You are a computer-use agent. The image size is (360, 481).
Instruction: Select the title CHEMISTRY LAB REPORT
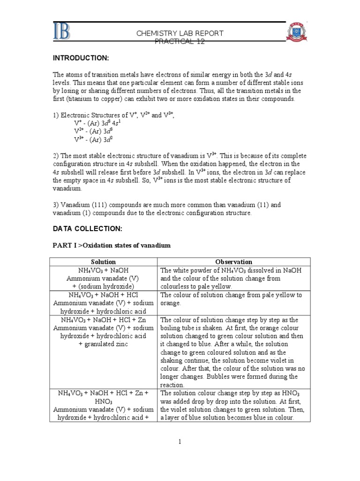click(180, 33)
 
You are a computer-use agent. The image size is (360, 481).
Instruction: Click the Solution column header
click(104, 262)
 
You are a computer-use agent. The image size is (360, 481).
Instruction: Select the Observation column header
click(233, 262)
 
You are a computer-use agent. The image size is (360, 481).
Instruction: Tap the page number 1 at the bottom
click(180, 442)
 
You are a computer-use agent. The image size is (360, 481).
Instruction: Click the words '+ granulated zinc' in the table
click(104, 344)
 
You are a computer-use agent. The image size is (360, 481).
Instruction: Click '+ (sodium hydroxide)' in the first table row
click(104, 287)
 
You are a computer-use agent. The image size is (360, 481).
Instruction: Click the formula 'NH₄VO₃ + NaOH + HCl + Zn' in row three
click(104, 320)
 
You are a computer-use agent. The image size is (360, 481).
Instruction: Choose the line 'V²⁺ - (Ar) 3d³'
click(94, 131)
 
